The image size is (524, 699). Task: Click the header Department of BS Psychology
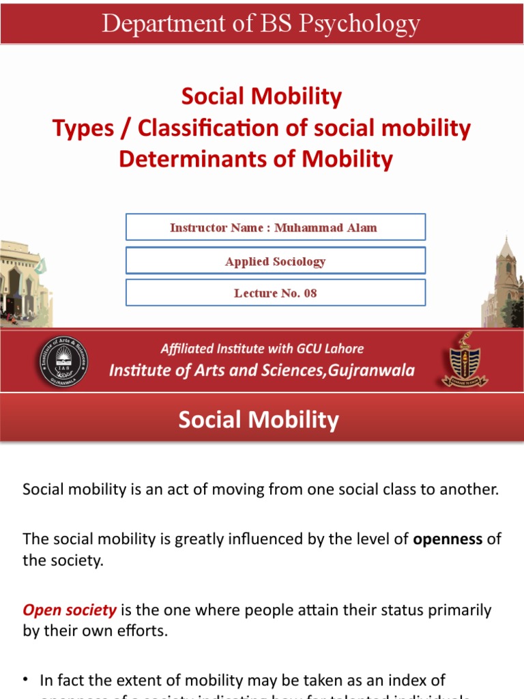click(261, 25)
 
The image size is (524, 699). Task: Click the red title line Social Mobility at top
click(261, 97)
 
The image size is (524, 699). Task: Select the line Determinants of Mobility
click(256, 159)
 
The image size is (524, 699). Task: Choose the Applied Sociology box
click(275, 261)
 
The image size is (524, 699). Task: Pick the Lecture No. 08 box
click(275, 293)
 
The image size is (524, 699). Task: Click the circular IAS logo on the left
click(63, 362)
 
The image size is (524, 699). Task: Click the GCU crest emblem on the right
click(465, 360)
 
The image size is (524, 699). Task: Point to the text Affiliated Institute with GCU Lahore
click(262, 349)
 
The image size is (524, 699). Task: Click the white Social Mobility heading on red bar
click(259, 420)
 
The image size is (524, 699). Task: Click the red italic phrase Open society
click(60, 610)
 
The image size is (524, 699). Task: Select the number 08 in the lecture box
click(310, 293)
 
